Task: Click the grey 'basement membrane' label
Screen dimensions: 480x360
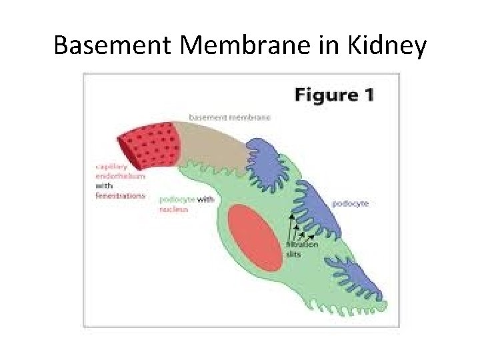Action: click(229, 117)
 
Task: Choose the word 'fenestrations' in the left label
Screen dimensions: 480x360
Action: click(121, 196)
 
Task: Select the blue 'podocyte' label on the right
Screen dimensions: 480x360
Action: click(351, 203)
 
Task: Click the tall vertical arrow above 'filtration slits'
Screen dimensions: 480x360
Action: click(291, 227)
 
